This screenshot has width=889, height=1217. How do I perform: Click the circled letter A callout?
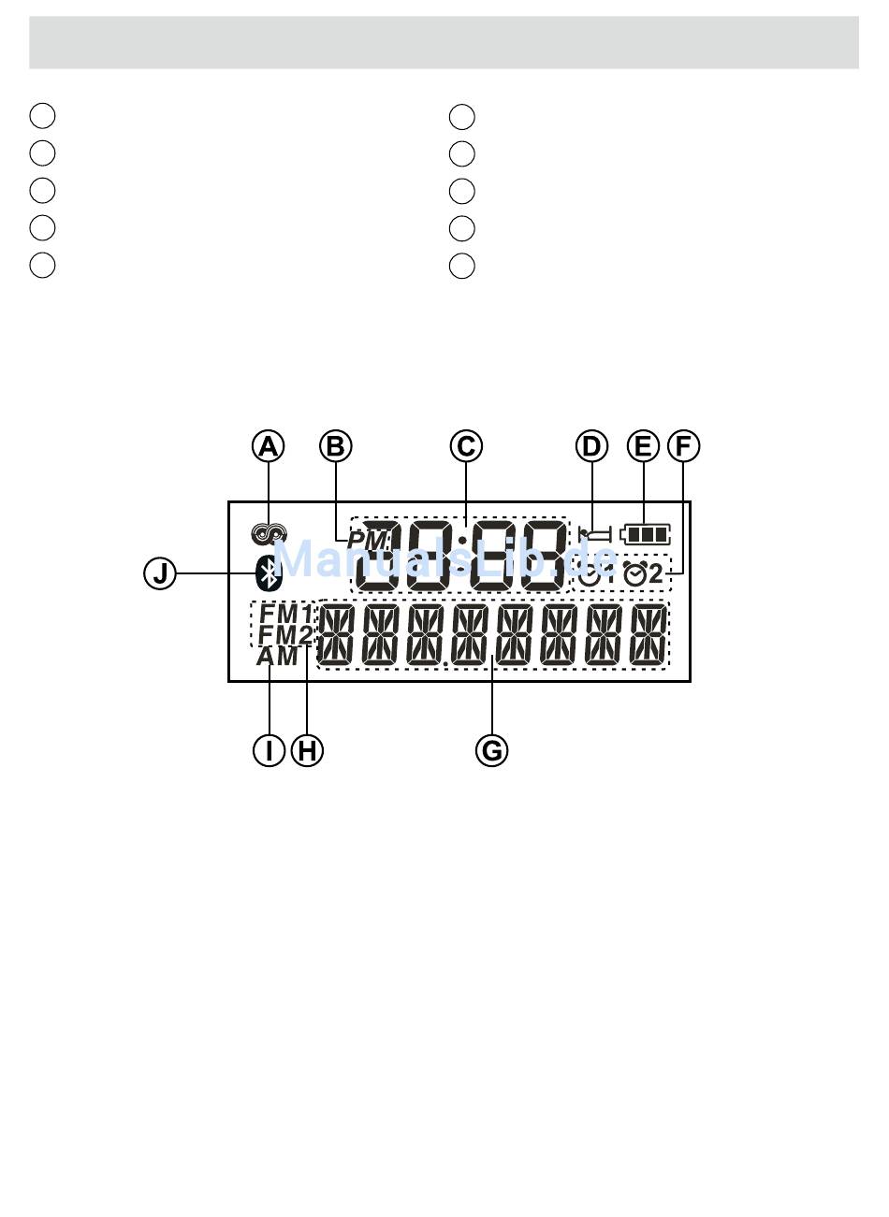269,446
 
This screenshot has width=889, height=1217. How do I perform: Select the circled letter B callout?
335,446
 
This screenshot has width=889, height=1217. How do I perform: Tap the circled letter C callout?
466,446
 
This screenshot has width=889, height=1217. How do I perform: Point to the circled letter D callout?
591,446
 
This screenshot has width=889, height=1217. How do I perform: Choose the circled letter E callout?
643,446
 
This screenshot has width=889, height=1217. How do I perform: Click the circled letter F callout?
683,446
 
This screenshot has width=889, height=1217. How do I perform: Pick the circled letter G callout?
491,749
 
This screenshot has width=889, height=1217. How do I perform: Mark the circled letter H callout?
307,749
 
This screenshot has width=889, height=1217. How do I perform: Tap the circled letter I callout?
269,749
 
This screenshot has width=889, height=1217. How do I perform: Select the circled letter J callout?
160,572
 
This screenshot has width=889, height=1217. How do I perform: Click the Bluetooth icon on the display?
270,572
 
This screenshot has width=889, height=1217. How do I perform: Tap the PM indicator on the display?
367,541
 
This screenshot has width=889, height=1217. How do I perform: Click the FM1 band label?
286,614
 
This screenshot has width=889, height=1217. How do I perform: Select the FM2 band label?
286,635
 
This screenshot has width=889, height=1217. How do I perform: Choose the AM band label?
277,657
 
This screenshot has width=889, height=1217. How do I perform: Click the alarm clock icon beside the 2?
634,574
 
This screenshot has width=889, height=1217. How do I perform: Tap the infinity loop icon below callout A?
269,534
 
